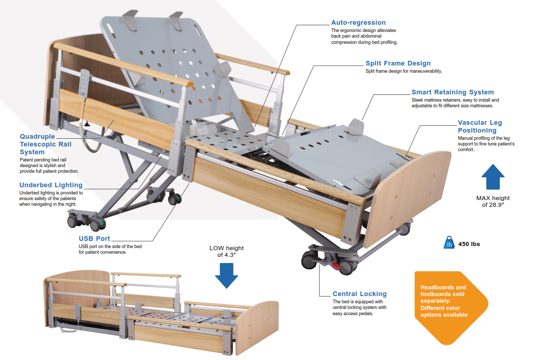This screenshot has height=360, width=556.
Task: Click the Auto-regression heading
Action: point(358,23)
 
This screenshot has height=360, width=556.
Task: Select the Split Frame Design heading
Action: point(398,63)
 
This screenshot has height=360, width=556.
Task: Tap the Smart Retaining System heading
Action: point(452,92)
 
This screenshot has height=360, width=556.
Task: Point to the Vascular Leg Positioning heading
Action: point(480,126)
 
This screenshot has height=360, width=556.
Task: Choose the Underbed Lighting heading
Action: point(51,185)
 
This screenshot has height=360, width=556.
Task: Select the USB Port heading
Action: point(94,239)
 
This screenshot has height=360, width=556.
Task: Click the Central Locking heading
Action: point(359,294)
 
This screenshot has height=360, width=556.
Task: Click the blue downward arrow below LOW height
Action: point(226,275)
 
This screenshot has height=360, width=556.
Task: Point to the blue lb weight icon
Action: point(449,243)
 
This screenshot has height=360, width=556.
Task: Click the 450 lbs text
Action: point(469,244)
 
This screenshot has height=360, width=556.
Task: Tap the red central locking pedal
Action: point(336,266)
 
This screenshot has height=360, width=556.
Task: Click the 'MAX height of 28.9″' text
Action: point(493,201)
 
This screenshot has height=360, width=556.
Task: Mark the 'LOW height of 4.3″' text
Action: point(226,251)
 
